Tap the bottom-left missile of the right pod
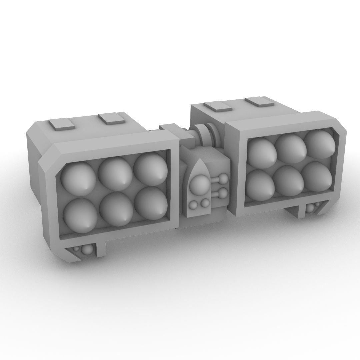[x=261, y=185]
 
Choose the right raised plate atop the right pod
[x=259, y=101]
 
